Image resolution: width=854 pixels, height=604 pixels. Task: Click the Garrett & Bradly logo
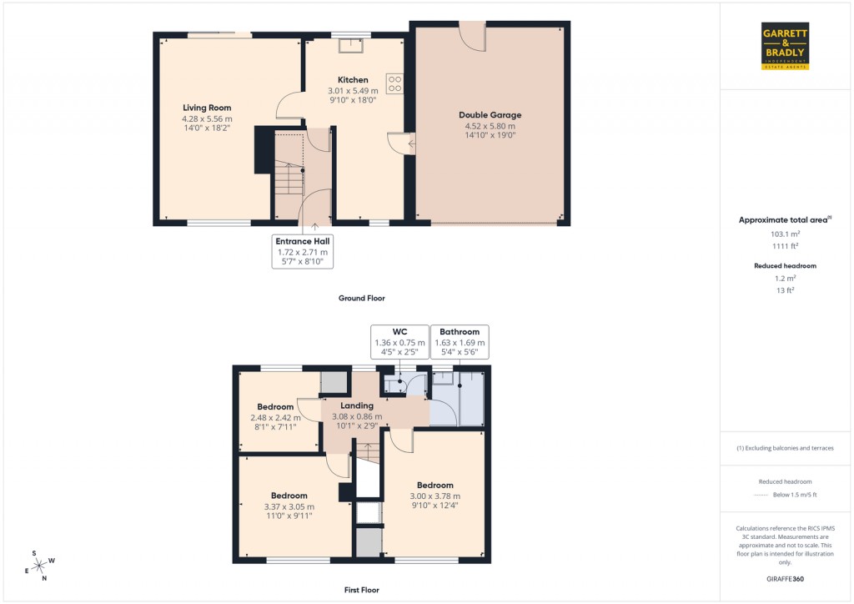coord(785,46)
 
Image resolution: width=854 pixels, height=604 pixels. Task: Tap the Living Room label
coord(207,108)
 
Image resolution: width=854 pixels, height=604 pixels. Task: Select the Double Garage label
coord(490,115)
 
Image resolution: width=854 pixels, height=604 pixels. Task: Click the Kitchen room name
coord(353,80)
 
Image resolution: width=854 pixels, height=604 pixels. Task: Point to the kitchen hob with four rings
coord(394,84)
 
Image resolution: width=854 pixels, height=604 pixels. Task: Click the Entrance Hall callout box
coord(302,251)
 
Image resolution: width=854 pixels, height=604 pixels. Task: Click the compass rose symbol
coord(39,565)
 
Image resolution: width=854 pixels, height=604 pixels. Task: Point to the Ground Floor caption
coord(361,298)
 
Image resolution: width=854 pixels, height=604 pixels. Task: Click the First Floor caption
coord(361,590)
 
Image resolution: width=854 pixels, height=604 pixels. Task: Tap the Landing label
coord(358,405)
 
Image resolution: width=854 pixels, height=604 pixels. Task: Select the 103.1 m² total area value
coord(785,234)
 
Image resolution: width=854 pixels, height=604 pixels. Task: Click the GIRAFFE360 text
coord(785,579)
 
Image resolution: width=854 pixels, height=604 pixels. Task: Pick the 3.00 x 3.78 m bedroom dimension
coord(435,496)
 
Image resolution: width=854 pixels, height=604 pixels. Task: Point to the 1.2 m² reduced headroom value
coord(785,279)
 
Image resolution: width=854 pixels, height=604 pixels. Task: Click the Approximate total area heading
coord(785,219)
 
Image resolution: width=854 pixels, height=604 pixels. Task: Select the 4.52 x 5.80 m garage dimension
coord(490,126)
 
